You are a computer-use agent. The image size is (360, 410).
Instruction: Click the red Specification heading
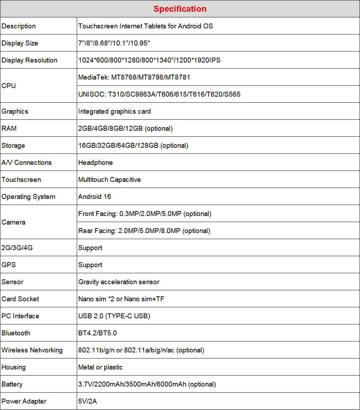[180, 9]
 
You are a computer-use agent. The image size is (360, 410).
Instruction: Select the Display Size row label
[20, 43]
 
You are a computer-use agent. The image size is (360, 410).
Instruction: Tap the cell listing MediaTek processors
[134, 77]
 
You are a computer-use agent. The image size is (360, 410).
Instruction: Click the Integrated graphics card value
[114, 111]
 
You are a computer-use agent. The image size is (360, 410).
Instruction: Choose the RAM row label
[9, 128]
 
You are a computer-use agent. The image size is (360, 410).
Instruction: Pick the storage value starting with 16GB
[133, 145]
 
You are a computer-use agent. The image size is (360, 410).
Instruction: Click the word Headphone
[96, 162]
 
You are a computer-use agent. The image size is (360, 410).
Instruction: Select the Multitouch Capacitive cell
[109, 179]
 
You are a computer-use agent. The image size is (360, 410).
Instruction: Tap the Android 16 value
[95, 196]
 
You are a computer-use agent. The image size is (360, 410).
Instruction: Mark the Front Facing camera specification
[145, 214]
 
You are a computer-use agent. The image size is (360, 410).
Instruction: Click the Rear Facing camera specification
[144, 231]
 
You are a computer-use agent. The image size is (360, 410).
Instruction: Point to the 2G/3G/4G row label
[17, 248]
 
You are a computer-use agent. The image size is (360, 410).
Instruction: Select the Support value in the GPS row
[90, 265]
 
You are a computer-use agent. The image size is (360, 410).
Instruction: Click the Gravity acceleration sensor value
[119, 282]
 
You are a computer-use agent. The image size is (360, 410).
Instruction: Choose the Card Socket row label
[20, 299]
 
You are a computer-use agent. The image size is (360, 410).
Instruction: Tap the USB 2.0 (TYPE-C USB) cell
[114, 316]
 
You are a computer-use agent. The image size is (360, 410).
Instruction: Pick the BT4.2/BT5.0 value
[97, 333]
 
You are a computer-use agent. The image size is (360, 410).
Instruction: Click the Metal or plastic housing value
[100, 367]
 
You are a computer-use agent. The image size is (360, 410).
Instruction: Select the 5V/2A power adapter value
[87, 401]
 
